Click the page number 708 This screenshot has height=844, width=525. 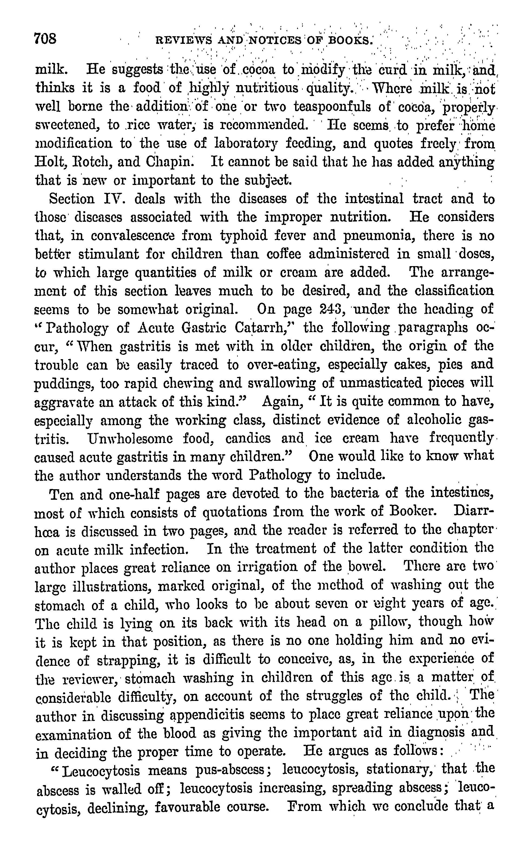[x=45, y=38]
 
